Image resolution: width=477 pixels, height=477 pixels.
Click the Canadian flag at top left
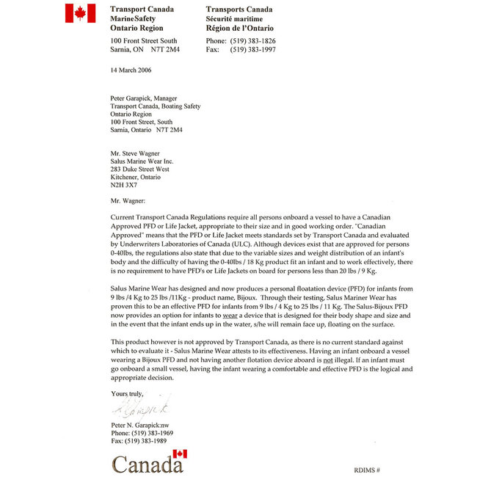click(x=80, y=13)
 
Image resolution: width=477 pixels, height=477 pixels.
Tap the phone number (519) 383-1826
click(x=253, y=40)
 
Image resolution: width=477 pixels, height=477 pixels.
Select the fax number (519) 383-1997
click(x=253, y=49)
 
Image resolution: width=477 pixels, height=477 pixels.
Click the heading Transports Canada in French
click(x=239, y=10)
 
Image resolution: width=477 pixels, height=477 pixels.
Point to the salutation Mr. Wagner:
click(x=128, y=200)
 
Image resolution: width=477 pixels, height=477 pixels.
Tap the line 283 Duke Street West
click(x=139, y=169)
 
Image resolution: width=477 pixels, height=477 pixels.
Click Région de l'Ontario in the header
click(x=238, y=27)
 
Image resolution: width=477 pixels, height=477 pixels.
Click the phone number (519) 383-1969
click(x=142, y=434)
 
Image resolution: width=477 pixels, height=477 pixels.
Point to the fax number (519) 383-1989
click(x=139, y=442)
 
